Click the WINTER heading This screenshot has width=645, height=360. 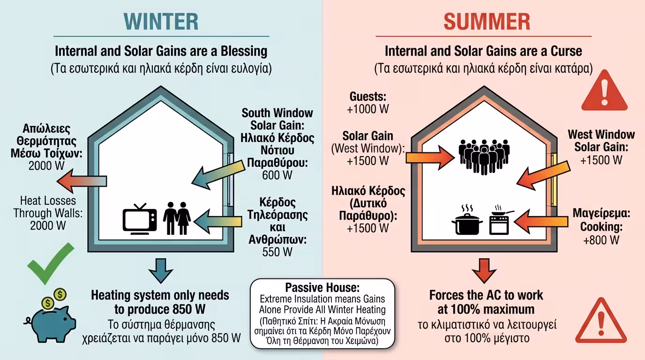[161, 22]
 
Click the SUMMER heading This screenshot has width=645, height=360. [487, 22]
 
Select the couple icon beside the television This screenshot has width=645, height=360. [177, 218]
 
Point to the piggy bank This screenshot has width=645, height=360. [50, 314]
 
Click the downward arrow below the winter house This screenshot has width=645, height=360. [161, 270]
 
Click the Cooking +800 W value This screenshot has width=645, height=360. [601, 240]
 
